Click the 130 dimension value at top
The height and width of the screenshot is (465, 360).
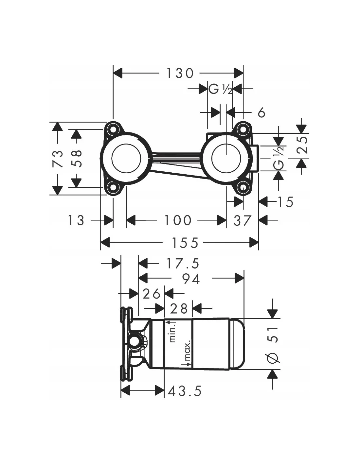coord(180,73)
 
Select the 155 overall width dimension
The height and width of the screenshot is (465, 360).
coord(185,243)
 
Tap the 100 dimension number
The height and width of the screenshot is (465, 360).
coord(178,220)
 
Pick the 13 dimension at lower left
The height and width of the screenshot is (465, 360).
coord(76,220)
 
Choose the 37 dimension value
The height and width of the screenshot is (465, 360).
coord(243,220)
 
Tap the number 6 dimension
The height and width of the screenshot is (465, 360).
coord(261,113)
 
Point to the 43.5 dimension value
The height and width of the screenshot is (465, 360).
coord(185,390)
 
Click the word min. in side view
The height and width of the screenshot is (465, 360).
coord(173,332)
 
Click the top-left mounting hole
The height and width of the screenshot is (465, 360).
coord(113,129)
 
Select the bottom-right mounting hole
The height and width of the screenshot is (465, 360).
coord(243,188)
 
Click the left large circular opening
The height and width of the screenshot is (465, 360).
coord(126,158)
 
